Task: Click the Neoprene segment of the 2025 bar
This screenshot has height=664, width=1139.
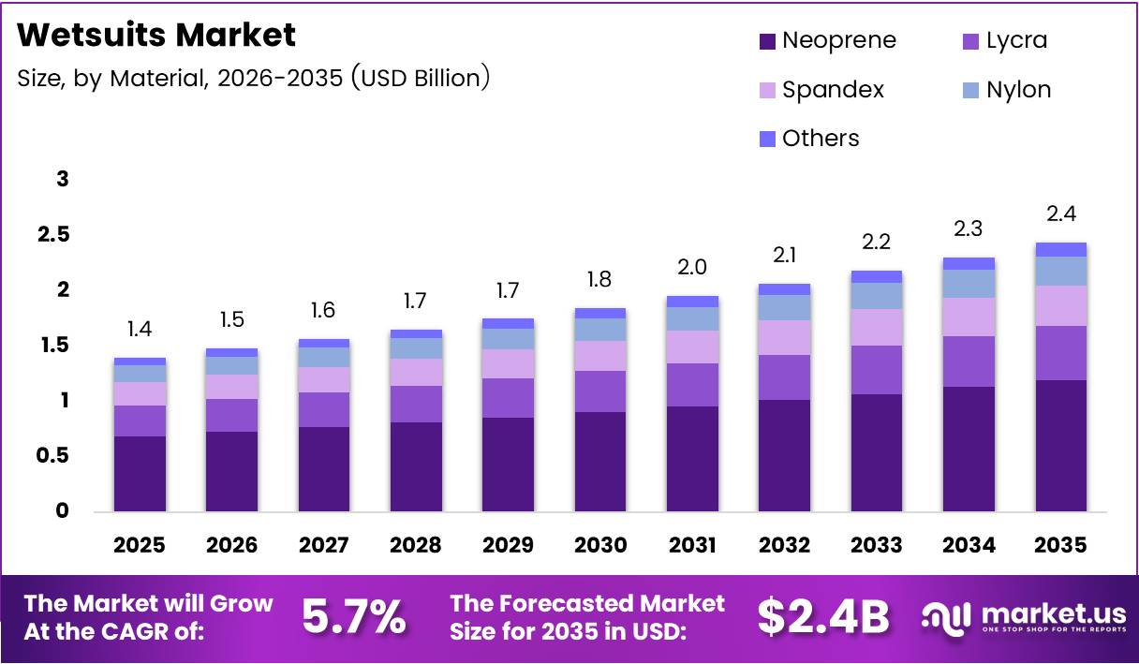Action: coord(140,473)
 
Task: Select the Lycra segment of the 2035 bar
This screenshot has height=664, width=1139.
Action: coord(1061,353)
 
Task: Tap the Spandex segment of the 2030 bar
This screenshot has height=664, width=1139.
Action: coord(599,356)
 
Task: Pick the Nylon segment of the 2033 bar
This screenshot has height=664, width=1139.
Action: coord(877,296)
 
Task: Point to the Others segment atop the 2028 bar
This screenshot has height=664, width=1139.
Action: coord(416,333)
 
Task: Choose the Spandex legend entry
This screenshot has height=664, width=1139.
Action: coord(821,90)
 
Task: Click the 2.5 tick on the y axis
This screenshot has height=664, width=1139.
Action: coord(53,234)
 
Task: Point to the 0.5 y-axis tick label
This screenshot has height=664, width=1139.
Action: coord(53,456)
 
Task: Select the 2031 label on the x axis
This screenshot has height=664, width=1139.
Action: coord(692,545)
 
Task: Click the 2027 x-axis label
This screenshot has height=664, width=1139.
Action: coord(324,545)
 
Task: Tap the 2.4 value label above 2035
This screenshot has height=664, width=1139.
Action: coord(1061,214)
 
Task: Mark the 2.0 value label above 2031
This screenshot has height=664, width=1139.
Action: coord(692,267)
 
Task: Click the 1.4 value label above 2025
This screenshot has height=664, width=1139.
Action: coord(140,329)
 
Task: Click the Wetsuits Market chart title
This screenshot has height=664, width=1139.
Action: coord(156,36)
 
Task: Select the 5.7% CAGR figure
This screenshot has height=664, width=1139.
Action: coord(354,616)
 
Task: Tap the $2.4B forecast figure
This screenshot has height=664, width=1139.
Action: coord(822,616)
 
